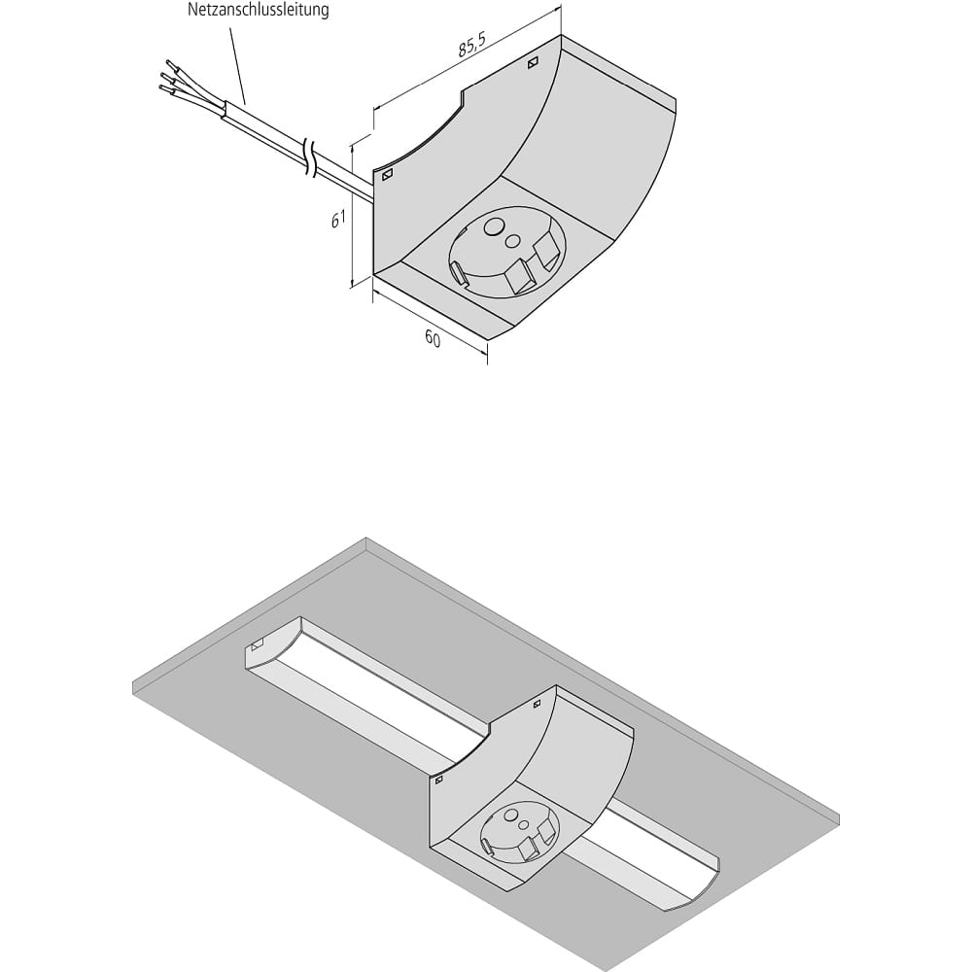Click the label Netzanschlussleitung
[x=258, y=10]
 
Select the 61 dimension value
[x=338, y=220]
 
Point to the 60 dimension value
[x=433, y=338]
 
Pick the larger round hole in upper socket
[x=494, y=227]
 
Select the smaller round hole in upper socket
[x=513, y=240]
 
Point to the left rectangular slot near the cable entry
[x=387, y=175]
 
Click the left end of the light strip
[x=273, y=643]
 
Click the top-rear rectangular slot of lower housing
[x=537, y=704]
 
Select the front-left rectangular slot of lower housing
[x=439, y=780]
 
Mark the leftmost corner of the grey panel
[x=133, y=687]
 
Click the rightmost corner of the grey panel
[x=840, y=815]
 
